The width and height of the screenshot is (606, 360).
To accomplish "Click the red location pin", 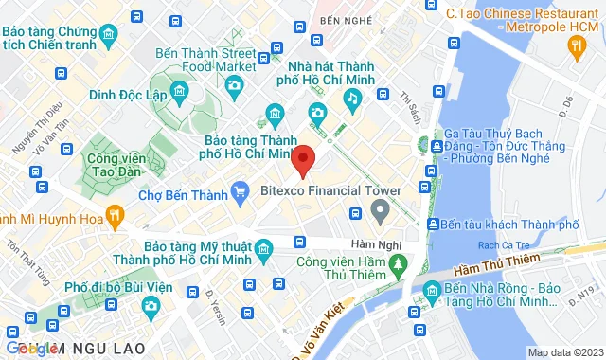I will [x=302, y=161].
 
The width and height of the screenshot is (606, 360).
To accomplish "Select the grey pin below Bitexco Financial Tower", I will [x=380, y=211].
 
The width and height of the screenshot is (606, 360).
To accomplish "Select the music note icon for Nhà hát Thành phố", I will [x=352, y=98].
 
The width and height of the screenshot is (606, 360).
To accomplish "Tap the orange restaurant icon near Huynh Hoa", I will [x=116, y=216].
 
